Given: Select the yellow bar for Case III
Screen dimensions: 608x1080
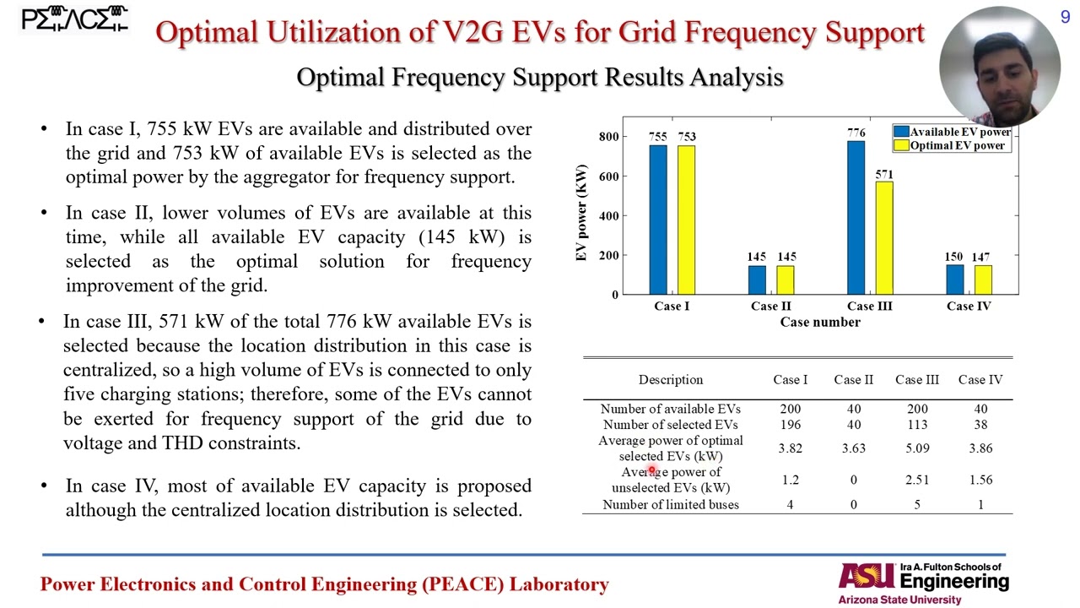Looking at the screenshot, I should pos(883,238).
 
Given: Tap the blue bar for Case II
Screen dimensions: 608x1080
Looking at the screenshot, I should pos(757,280).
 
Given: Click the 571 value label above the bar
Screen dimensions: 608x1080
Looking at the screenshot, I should pos(883,175).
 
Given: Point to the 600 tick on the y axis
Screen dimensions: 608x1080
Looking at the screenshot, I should pos(608,176).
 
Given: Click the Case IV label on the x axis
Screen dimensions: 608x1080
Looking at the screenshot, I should pos(969,306).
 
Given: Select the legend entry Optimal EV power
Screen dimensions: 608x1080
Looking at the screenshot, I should pos(957,145).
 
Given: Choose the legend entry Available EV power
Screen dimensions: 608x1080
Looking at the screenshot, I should pos(959,132).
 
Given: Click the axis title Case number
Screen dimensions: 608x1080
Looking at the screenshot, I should pos(820,322).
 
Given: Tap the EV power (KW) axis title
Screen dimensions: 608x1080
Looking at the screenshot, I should pos(581,214).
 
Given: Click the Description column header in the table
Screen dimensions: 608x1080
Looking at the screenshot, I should pos(670,380).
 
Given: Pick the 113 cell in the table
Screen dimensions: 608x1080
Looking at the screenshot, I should pos(916,425).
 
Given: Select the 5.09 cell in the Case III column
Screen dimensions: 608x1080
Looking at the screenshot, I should pos(916,448).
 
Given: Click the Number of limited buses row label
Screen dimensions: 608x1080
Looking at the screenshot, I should pos(670,505).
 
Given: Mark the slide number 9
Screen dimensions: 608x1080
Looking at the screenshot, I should pos(1065,17).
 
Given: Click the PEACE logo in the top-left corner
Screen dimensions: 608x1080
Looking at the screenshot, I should pos(74,19).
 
